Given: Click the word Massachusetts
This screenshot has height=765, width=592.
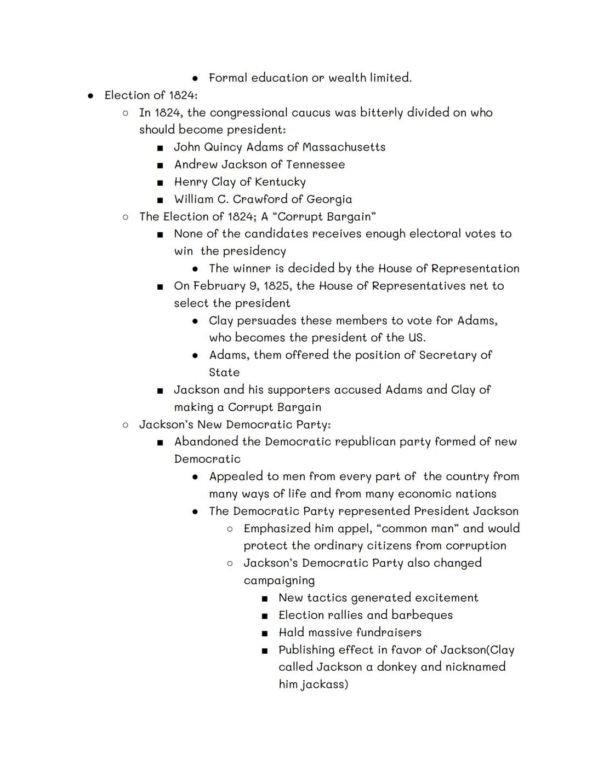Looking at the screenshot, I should click(344, 147).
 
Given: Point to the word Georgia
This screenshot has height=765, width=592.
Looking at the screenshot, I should click(329, 199).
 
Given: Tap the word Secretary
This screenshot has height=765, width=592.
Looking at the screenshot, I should click(448, 355).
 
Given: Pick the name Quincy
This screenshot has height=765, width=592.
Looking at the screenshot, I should click(223, 147).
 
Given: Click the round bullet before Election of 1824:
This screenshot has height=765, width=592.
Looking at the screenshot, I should click(90, 96).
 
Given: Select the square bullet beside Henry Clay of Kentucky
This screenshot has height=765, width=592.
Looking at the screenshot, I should click(160, 182).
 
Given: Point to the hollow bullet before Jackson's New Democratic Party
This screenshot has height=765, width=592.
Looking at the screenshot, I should click(126, 425).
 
